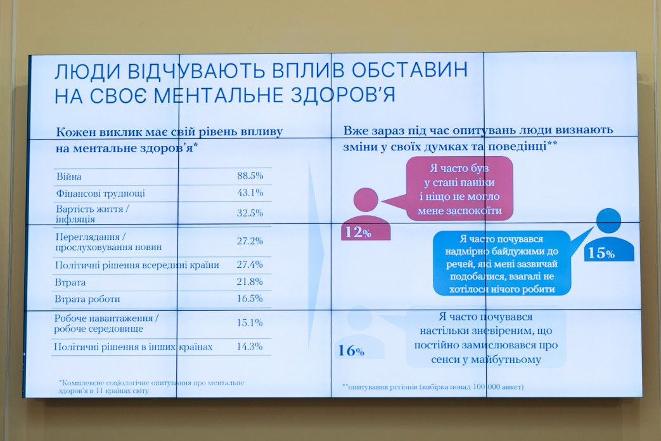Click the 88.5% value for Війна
coord(250,176)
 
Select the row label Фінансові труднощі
coord(100,194)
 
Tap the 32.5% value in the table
coord(250,213)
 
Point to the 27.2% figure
coord(250,240)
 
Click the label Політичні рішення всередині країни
coord(137,265)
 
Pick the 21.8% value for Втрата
coord(250,281)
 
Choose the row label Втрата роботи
coord(87,299)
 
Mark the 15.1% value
coord(250,322)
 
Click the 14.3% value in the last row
coord(250,346)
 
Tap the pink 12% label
coord(358,232)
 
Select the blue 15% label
coord(601,253)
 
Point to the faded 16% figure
coord(351,350)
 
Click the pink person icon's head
coord(366,200)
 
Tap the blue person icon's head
coord(609,220)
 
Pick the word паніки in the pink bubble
coord(477,183)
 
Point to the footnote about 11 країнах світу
coord(151,386)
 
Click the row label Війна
coord(68,176)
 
